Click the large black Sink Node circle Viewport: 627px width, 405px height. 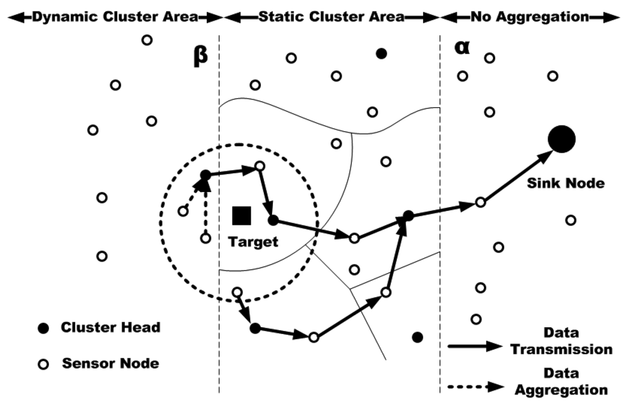[x=562, y=139]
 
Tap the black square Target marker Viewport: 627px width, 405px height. [x=241, y=215]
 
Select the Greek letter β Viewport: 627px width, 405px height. [x=199, y=58]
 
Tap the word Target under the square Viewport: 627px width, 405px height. [x=253, y=242]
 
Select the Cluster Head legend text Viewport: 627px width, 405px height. [x=110, y=327]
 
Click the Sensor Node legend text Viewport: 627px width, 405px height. [x=110, y=363]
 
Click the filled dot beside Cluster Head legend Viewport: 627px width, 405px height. [x=43, y=328]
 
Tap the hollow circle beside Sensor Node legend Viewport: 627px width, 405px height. [x=43, y=364]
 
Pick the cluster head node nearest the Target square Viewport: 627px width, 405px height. [x=273, y=220]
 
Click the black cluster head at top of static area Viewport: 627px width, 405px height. [x=381, y=54]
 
